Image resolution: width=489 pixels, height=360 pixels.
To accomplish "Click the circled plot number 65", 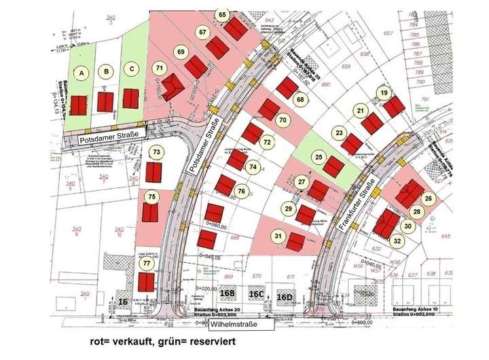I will [222, 14].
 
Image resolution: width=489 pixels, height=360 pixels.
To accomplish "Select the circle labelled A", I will [83, 73].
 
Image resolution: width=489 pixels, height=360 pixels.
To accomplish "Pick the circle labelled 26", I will [428, 198].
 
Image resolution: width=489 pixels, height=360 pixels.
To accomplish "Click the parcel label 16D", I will [284, 296].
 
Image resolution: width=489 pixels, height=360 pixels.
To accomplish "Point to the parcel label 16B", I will [228, 293].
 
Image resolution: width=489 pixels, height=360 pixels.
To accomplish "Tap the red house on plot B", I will [105, 102].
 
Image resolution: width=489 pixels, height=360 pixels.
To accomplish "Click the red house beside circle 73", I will [154, 173].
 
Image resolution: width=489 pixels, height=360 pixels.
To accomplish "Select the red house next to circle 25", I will [333, 166].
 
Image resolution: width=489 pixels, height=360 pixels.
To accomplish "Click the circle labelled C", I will [132, 68].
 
